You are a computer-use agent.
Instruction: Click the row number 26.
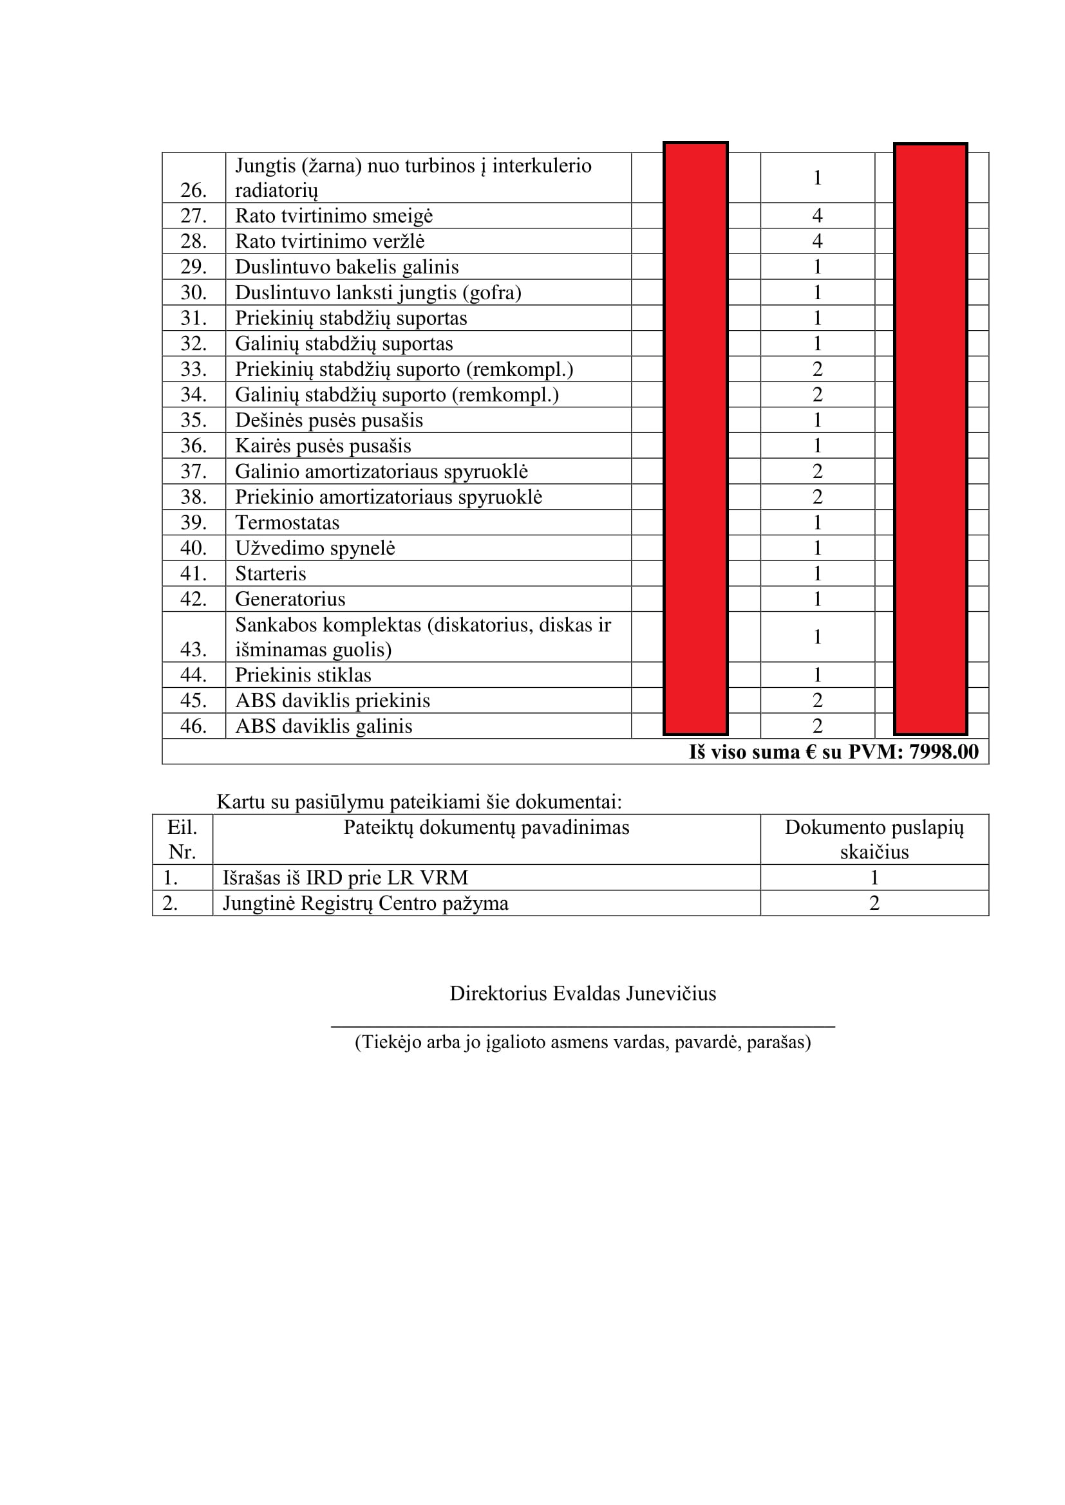point(193,190)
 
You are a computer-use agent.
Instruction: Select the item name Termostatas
point(287,522)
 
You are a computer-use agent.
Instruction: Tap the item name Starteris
point(270,573)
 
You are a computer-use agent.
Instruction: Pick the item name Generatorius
point(290,599)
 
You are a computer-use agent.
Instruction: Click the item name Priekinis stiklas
point(303,675)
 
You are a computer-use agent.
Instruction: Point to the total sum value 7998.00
point(944,752)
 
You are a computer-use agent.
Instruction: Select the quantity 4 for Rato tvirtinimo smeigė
point(817,216)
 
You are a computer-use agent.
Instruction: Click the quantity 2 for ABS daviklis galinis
point(817,726)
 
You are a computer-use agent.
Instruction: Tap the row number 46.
point(193,726)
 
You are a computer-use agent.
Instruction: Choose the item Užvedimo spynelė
point(315,548)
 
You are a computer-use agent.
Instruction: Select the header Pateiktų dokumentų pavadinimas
point(486,828)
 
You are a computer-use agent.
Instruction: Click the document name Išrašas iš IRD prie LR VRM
point(345,878)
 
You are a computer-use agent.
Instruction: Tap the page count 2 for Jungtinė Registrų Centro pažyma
point(874,903)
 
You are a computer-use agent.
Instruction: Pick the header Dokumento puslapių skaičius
point(874,840)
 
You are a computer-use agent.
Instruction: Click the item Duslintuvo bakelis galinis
point(346,267)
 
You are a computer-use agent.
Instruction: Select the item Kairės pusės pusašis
point(323,446)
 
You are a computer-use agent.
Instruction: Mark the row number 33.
point(193,369)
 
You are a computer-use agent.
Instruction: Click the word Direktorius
point(498,993)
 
